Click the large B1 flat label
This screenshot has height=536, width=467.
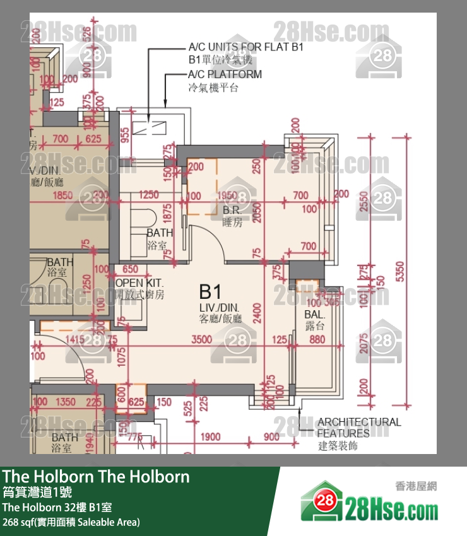click(211, 292)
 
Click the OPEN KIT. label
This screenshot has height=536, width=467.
click(139, 284)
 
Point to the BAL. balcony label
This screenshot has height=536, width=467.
click(315, 314)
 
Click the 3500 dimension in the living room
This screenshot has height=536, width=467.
click(202, 339)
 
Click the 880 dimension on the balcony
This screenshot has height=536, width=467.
click(317, 339)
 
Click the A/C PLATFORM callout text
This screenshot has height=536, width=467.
click(225, 74)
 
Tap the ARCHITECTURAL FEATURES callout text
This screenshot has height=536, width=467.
click(358, 428)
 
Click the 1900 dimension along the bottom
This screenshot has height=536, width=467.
click(211, 437)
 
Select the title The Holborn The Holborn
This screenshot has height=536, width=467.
click(96, 477)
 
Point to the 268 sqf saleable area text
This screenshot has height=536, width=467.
click(71, 522)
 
